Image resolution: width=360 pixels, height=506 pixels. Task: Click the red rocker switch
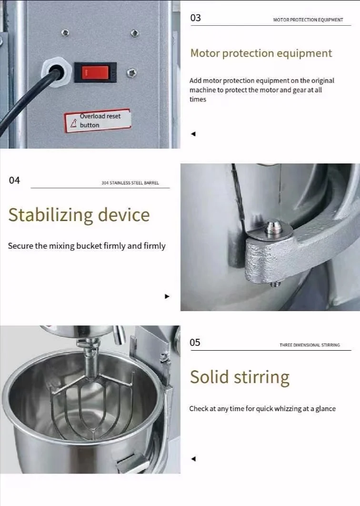coord(95,72)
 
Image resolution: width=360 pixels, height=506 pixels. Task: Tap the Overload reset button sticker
coord(98,121)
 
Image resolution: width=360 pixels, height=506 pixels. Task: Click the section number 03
coord(196,18)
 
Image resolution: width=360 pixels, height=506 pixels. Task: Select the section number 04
coord(14,180)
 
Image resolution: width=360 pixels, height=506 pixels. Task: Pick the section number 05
coord(195,343)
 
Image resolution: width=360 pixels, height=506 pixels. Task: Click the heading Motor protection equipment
coord(261,53)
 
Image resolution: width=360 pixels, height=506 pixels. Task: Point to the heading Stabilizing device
coord(79,215)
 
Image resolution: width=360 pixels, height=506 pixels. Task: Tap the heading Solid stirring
coord(240,377)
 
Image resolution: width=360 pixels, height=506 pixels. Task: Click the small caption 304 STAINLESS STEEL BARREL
coord(130,182)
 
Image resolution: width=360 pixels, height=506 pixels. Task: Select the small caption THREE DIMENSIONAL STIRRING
coord(310,345)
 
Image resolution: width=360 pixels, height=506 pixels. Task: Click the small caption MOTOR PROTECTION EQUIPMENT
coord(308,20)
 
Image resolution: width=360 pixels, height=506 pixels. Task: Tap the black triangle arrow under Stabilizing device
coord(167,296)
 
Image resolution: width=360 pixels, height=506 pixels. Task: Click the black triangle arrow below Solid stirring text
coord(193,458)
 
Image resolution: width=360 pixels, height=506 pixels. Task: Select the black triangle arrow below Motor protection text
coord(193,133)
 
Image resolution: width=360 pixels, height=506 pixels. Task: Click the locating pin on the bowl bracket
coord(273,226)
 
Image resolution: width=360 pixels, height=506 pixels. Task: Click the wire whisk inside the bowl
coord(92,404)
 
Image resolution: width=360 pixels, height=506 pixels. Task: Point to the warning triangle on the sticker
coord(73,123)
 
